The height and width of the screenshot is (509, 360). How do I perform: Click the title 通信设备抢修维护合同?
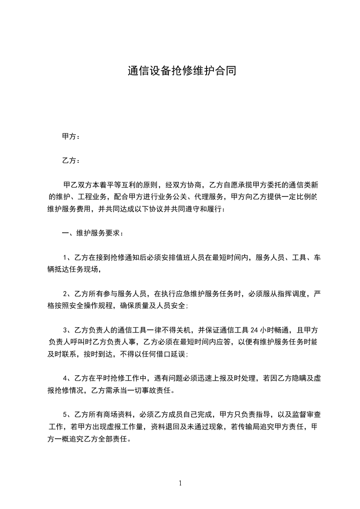click(x=182, y=71)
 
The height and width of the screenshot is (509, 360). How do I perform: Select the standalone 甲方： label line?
click(x=71, y=136)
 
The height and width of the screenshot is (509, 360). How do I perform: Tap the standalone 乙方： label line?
click(x=71, y=161)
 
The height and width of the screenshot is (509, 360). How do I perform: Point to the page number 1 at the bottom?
click(x=180, y=483)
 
